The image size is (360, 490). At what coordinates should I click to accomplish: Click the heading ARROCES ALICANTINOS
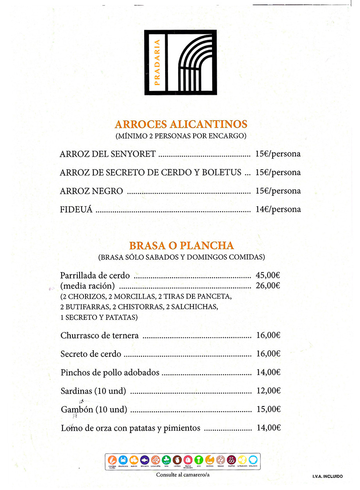[181, 124]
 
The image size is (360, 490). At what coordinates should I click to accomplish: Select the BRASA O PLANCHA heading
[181, 246]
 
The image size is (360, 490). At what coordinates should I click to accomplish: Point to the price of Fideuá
[278, 209]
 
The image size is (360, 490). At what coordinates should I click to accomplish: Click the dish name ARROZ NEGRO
[91, 191]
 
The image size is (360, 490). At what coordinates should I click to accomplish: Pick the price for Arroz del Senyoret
[278, 154]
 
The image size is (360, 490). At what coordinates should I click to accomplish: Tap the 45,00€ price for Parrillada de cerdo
[268, 275]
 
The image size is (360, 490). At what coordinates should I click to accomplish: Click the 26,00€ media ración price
[268, 286]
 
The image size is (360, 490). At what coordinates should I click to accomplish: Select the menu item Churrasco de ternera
[100, 336]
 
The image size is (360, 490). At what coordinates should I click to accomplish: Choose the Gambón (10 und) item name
[94, 410]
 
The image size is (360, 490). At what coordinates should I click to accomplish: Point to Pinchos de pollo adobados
[110, 373]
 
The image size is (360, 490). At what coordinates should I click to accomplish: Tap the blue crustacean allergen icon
[123, 460]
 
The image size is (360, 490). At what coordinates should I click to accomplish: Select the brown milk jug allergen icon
[177, 460]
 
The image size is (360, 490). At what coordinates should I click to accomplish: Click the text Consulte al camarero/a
[180, 475]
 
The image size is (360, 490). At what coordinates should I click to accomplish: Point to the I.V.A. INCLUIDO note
[328, 476]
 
